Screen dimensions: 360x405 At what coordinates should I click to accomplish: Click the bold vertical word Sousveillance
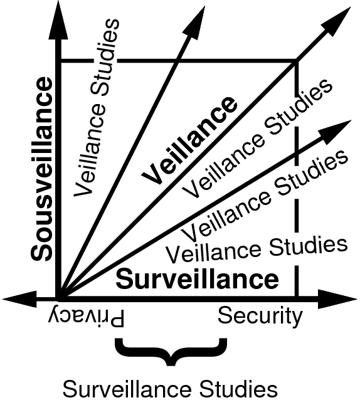(x=42, y=169)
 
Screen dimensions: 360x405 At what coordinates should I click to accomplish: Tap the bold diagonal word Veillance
(x=189, y=141)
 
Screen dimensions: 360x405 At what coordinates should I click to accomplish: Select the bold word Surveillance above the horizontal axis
(x=197, y=279)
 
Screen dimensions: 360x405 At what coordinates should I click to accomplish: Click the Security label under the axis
(x=260, y=317)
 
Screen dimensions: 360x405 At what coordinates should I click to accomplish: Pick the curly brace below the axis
(x=171, y=352)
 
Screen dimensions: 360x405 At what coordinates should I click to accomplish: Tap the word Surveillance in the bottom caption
(x=127, y=389)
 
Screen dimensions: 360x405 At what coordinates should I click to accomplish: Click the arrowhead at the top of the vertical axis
(x=58, y=21)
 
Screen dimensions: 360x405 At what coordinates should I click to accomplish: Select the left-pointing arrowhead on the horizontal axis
(x=19, y=299)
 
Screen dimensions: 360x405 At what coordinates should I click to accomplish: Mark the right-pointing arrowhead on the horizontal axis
(x=337, y=299)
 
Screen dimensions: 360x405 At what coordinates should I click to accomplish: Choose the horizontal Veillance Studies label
(x=257, y=250)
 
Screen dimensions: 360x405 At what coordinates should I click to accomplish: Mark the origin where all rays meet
(x=59, y=299)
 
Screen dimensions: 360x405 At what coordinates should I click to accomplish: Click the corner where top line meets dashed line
(x=297, y=61)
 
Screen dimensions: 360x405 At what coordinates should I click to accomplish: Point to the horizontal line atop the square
(x=177, y=61)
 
